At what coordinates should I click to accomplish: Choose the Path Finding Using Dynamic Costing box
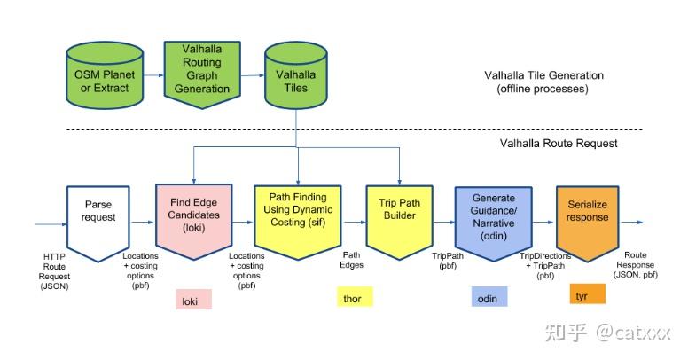click(x=297, y=216)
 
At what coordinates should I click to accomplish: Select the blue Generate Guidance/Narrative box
click(x=493, y=216)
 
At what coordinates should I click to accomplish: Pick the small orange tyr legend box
click(x=582, y=294)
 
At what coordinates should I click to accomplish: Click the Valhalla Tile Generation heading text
click(x=543, y=82)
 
